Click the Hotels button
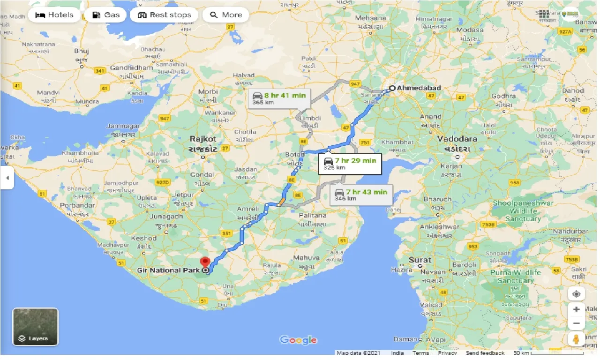click(54, 15)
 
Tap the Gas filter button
click(106, 15)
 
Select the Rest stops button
click(165, 15)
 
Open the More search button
click(226, 15)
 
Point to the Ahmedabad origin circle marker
click(392, 88)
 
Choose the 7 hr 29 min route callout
click(349, 164)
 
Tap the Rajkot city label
click(203, 139)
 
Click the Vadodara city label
click(457, 139)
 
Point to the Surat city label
click(420, 260)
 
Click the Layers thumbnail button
click(35, 327)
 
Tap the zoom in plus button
click(577, 309)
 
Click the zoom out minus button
click(577, 323)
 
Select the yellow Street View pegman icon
click(577, 339)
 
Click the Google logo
click(298, 340)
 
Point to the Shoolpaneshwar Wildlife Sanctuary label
click(523, 211)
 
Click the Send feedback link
click(485, 353)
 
